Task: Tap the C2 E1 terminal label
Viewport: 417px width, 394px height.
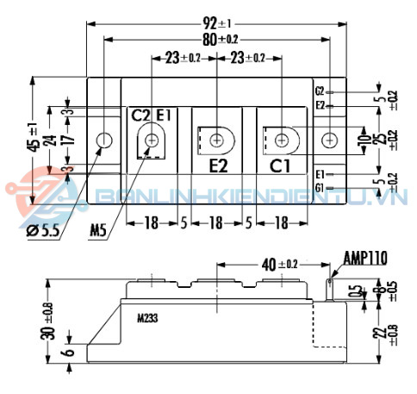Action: click(152, 115)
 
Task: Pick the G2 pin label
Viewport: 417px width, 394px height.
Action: click(320, 91)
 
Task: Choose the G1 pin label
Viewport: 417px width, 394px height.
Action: click(320, 187)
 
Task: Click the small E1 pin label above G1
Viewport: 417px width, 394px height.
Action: click(320, 173)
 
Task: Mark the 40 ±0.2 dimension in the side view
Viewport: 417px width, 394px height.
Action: click(277, 264)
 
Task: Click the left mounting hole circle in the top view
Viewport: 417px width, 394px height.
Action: click(104, 140)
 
